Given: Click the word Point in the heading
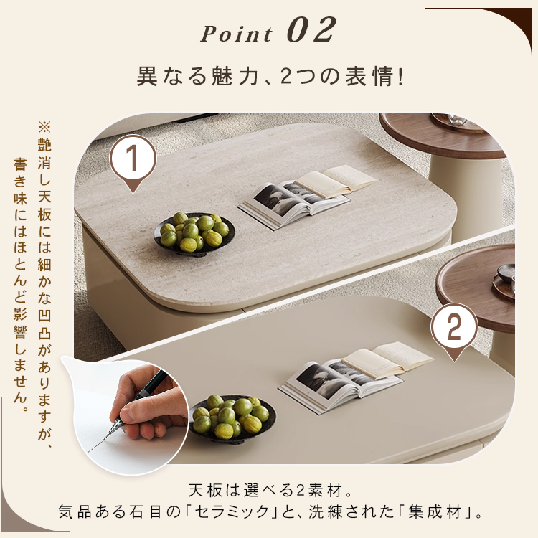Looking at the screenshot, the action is click(237, 34).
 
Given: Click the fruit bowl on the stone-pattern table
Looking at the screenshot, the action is click(194, 233).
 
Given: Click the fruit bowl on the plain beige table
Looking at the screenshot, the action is click(232, 418).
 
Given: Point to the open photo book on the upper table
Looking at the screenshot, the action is click(306, 196).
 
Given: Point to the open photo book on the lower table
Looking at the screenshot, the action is click(355, 374).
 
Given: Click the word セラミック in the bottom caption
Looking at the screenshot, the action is click(232, 512).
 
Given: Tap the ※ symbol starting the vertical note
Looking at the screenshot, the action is click(44, 126).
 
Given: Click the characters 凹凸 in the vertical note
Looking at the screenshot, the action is click(44, 324).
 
